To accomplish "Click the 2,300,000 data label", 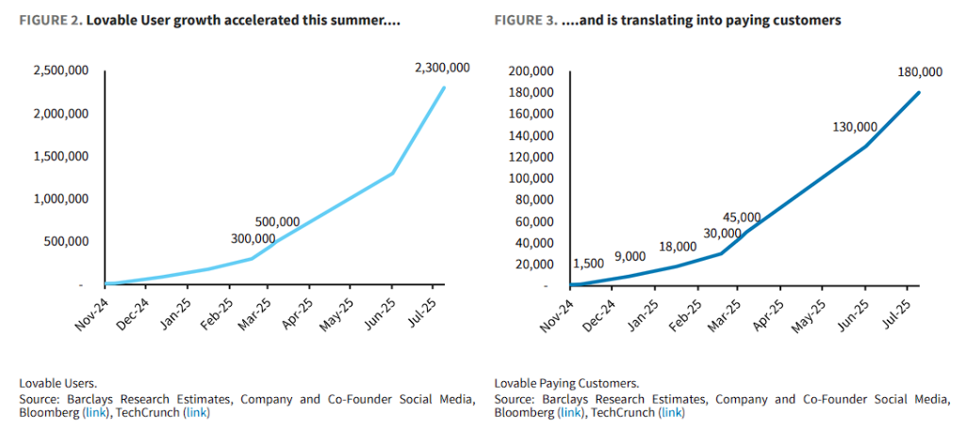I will [441, 69].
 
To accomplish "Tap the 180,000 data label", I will [921, 72].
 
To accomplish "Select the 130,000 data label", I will [855, 127].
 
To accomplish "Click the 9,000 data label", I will [630, 256].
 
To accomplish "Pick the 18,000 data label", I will [678, 247].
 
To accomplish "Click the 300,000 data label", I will [254, 238].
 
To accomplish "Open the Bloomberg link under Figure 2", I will [94, 413].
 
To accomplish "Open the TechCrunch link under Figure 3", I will [671, 413].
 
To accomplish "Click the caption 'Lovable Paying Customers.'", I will [566, 383].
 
